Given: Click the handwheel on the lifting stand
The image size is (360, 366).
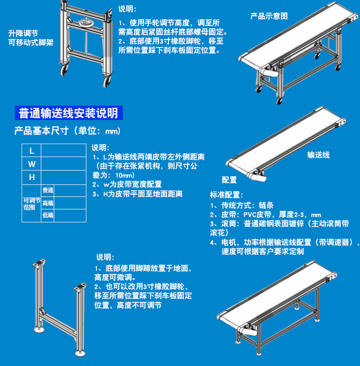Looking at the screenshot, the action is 85,23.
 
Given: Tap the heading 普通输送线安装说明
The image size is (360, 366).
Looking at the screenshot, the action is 69,113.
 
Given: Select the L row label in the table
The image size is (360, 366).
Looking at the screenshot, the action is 32,150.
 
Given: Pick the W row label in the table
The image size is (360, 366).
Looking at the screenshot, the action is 32,164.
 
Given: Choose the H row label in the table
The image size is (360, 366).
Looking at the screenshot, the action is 32,177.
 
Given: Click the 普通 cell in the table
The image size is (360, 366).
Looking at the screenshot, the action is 48,191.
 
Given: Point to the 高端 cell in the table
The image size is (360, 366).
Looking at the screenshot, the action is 48,203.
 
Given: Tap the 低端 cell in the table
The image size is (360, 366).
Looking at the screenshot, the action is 48,215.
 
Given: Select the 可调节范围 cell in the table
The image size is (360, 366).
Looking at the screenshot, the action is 32,204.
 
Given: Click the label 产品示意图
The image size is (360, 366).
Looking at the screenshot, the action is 269,16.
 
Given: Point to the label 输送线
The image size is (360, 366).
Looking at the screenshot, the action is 318,155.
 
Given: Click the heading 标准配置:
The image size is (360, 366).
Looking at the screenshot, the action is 226,195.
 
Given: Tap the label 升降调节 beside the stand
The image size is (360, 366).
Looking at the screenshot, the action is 23,33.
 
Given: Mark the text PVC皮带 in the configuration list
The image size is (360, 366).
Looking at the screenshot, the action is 257,215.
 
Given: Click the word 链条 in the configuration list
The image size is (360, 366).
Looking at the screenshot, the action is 266,206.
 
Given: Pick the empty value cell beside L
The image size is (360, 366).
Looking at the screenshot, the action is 63,150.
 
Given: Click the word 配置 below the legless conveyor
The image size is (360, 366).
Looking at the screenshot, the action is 229,180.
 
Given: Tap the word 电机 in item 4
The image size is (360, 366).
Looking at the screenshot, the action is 228,242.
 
